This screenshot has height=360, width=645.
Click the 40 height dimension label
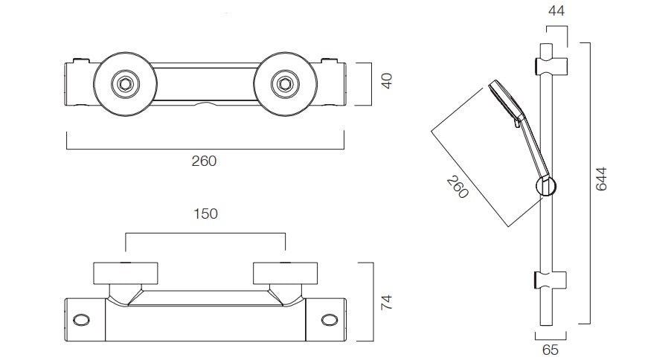(x=387, y=81)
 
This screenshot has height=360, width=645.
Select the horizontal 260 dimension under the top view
(x=204, y=161)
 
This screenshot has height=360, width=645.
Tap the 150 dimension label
(x=205, y=213)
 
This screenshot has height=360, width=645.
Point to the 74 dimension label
(x=387, y=303)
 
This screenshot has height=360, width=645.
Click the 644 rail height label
(x=601, y=179)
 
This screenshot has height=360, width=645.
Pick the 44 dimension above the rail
(x=556, y=10)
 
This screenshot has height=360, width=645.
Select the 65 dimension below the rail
(x=550, y=350)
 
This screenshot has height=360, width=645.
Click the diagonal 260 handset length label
(x=458, y=187)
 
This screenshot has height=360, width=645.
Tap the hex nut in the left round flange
(x=125, y=84)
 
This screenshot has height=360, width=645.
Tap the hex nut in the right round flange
(x=285, y=84)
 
